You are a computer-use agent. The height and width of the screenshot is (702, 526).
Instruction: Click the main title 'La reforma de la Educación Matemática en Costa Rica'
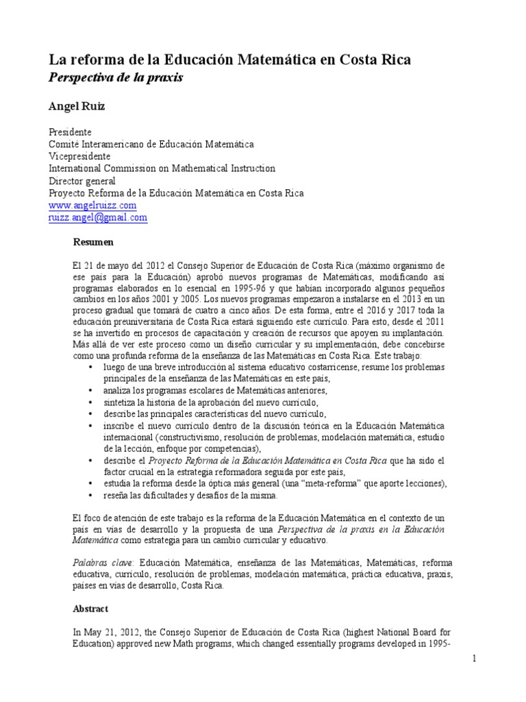229,60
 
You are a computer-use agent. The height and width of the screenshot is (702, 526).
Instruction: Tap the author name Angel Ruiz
75,106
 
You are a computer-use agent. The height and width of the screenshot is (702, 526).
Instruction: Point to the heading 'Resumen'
93,242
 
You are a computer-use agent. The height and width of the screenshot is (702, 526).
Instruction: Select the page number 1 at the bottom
473,659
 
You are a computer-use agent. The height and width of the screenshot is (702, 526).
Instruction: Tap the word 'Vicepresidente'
79,156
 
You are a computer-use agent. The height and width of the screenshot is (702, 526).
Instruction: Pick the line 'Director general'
82,181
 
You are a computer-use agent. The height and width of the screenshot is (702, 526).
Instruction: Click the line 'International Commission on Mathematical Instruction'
162,169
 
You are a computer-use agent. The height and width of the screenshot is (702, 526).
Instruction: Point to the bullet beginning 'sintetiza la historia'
191,402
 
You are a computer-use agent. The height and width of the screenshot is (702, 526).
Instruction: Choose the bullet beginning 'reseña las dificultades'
190,495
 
